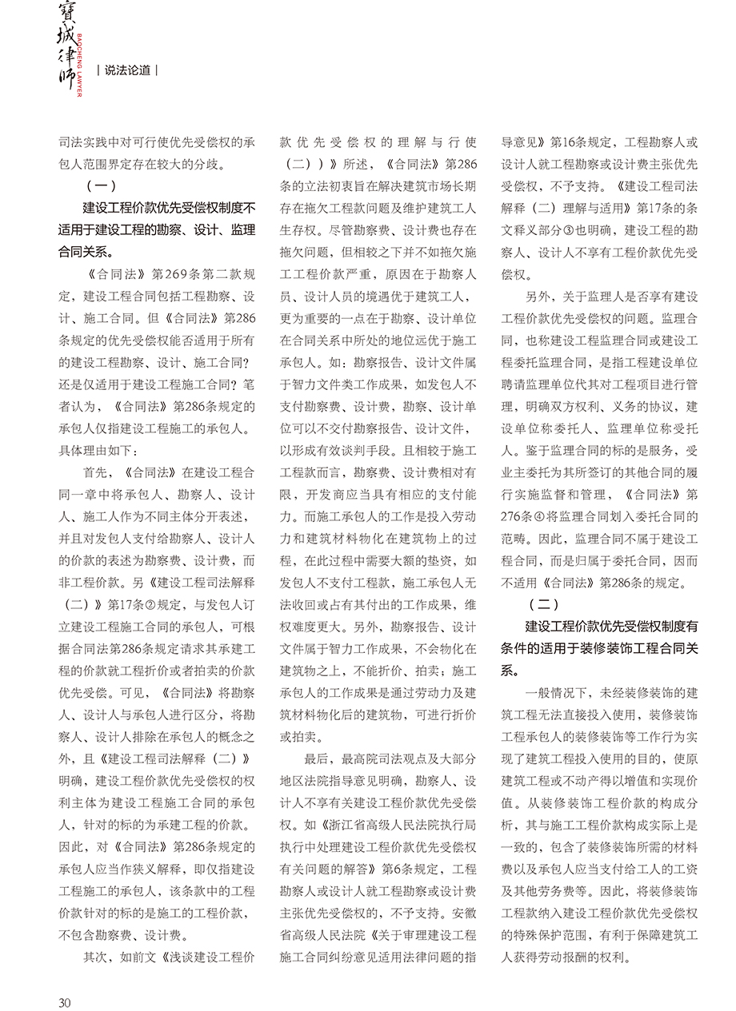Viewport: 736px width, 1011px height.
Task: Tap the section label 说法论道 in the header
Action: pos(127,70)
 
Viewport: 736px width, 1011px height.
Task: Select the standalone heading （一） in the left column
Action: pos(101,186)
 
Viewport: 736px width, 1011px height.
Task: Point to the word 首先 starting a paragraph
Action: pos(96,473)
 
